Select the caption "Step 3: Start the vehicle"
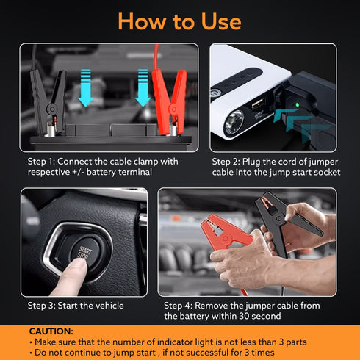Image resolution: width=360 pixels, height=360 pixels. tap(76, 305)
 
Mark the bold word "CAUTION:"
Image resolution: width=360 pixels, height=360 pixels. tap(51, 331)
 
